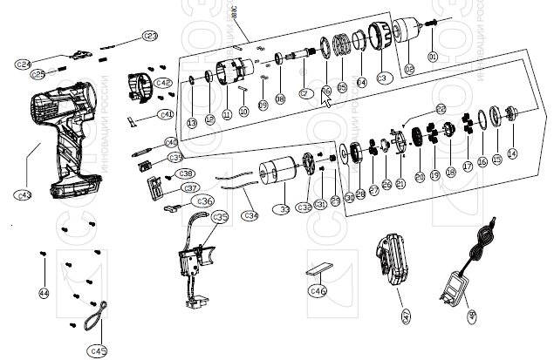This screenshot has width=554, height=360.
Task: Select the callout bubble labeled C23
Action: click(x=151, y=36)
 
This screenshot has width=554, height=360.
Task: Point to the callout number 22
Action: click(x=441, y=109)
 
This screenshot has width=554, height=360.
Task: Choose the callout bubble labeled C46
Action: click(x=319, y=290)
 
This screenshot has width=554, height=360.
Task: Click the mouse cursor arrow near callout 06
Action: click(x=327, y=98)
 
